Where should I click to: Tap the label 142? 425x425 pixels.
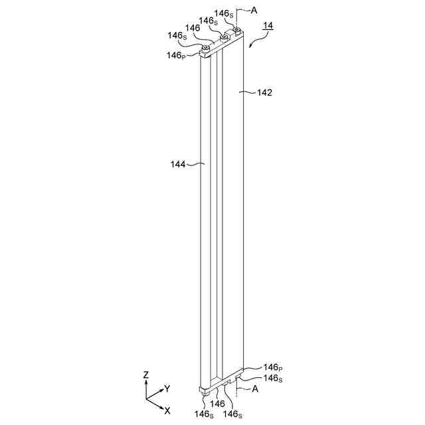tap(264, 93)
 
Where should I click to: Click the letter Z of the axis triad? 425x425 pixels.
tap(145, 375)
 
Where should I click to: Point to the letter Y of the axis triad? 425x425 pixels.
tap(167, 388)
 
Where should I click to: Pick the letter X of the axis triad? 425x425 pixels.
tap(167, 410)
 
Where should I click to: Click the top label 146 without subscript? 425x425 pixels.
tap(193, 28)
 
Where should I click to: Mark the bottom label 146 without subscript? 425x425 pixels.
tap(218, 403)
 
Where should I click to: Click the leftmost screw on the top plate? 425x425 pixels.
tap(208, 47)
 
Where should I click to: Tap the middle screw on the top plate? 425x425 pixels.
tap(223, 38)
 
